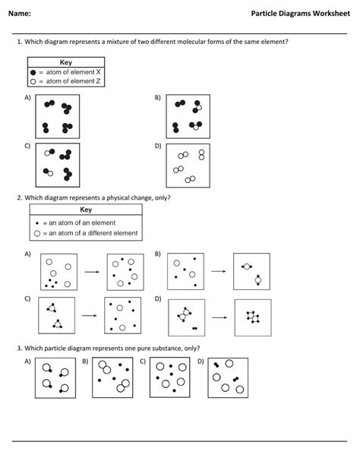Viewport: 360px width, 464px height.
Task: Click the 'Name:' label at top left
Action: [21, 14]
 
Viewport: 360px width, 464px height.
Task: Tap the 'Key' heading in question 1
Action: [66, 62]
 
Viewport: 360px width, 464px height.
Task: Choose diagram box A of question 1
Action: [58, 116]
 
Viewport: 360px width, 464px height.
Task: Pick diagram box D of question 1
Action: [188, 165]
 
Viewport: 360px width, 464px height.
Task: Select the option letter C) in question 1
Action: [27, 146]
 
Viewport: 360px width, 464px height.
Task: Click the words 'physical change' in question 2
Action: [129, 197]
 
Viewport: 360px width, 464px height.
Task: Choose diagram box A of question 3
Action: [55, 377]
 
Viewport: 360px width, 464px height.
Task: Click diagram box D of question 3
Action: [228, 377]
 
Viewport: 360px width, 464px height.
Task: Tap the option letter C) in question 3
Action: [143, 361]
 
